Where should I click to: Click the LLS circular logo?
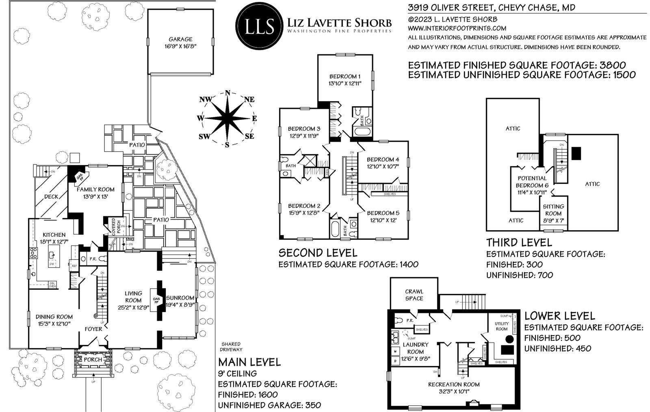coord(259,25)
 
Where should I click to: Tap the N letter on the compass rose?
coord(227,92)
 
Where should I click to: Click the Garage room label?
coord(180,39)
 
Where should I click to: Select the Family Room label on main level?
coord(95,189)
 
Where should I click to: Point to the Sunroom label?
coord(180,298)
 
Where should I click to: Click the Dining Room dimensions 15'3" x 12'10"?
coord(54,324)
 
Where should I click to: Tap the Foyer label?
coord(93,329)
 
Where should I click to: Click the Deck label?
coord(51,197)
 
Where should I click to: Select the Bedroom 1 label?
coord(344,76)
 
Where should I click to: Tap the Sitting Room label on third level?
coord(553,210)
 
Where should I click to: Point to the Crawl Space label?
coord(414,295)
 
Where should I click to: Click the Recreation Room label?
coord(454,384)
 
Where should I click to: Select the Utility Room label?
coord(501,326)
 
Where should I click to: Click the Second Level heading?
coord(318,253)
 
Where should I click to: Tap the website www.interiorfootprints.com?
coord(457,28)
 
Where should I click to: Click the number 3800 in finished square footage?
coord(609,65)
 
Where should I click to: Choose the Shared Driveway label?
coord(231,347)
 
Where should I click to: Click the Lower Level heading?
coord(559,316)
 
